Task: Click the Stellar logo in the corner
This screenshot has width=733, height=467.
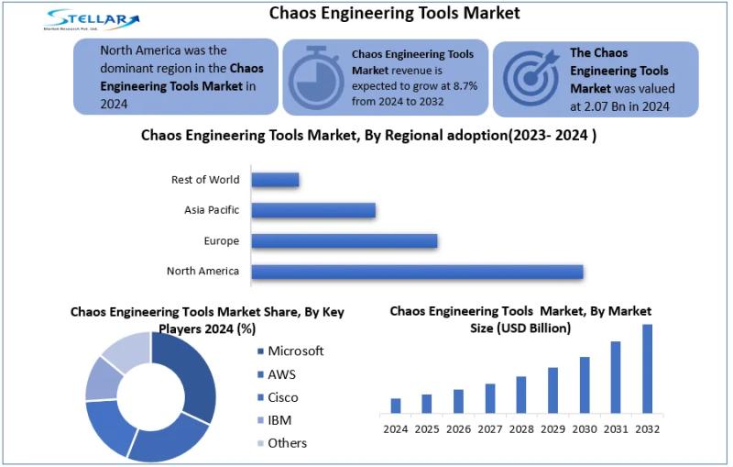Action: coord(93,19)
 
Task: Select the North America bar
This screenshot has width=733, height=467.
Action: coord(417,272)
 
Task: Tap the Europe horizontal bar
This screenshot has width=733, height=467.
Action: coord(344,241)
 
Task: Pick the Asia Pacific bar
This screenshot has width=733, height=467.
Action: coord(313,210)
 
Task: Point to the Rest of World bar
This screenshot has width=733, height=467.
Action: coord(275,180)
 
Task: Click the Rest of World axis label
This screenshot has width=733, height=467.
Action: coord(205,180)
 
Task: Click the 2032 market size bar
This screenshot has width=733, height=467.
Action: coord(648,368)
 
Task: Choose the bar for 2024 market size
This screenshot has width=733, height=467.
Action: coord(396,405)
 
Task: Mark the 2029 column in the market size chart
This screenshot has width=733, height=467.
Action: coord(552,390)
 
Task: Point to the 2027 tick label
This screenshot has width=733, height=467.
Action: coord(489,428)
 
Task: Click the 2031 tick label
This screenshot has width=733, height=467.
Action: coord(616,428)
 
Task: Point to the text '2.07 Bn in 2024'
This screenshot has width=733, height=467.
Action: coord(622,106)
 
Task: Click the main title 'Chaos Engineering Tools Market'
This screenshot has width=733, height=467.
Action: coord(394,13)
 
